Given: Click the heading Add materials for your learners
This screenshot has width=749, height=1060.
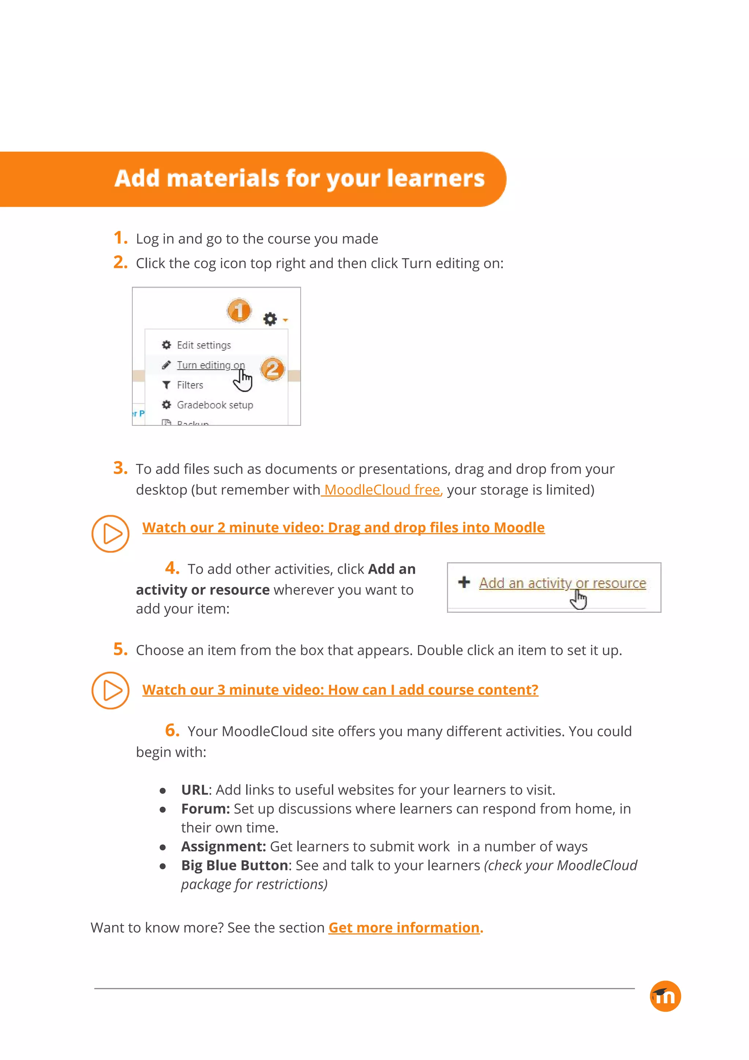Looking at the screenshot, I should pyautogui.click(x=300, y=178).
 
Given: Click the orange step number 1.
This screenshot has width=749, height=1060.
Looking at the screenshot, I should pyautogui.click(x=120, y=238).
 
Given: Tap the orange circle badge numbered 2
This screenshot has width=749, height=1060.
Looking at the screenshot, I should pyautogui.click(x=272, y=369).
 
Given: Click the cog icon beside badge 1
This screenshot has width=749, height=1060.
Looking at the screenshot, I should pyautogui.click(x=270, y=319).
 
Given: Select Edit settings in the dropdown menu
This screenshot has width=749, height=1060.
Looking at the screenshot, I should pyautogui.click(x=203, y=345).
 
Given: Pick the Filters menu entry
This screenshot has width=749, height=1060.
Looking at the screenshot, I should pyautogui.click(x=190, y=385).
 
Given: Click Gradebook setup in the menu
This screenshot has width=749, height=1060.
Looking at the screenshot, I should pyautogui.click(x=215, y=405).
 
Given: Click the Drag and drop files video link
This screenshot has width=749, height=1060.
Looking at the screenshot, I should pyautogui.click(x=343, y=527).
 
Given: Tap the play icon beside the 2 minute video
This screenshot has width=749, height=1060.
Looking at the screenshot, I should pyautogui.click(x=110, y=534).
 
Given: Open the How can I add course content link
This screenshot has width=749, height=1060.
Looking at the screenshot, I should pyautogui.click(x=340, y=689).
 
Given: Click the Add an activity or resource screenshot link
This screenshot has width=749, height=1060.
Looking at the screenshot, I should pyautogui.click(x=562, y=583).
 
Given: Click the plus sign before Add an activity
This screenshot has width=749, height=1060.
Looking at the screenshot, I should pyautogui.click(x=464, y=582).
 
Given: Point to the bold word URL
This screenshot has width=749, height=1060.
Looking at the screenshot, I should pyautogui.click(x=194, y=790).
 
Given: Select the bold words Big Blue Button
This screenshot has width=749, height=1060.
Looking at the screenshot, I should pyautogui.click(x=234, y=865).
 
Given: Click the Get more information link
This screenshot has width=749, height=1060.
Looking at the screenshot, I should pyautogui.click(x=404, y=928).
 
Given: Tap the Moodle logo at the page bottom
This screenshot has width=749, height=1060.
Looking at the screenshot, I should pyautogui.click(x=665, y=996).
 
